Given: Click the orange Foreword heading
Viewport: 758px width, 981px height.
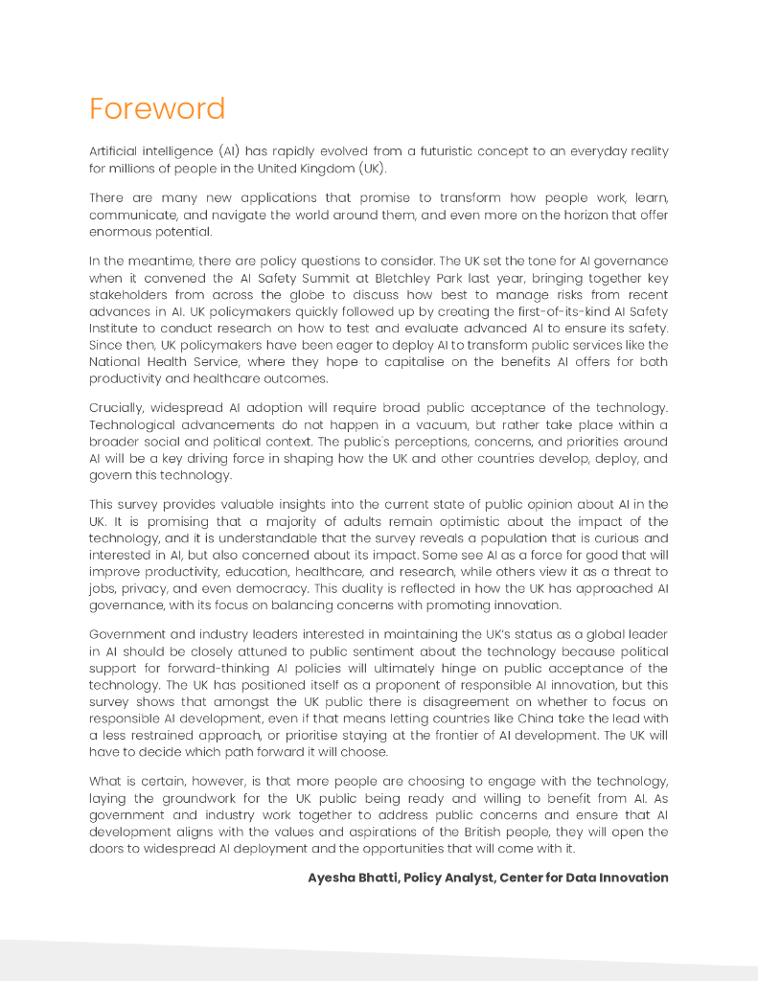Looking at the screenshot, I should click(x=157, y=108).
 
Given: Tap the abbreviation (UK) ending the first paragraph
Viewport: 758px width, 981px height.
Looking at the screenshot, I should click(x=373, y=169).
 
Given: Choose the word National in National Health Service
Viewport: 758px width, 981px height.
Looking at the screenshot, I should click(x=114, y=362).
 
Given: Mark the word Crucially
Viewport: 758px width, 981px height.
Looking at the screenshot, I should click(x=116, y=408).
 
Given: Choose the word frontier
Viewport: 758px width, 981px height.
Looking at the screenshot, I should click(x=447, y=735).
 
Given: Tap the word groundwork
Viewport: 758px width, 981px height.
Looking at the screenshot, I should click(x=192, y=798).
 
